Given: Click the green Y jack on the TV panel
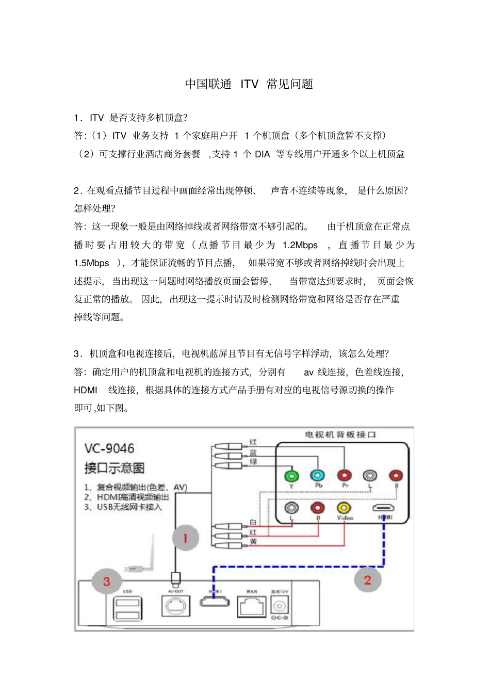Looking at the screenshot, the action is pos(291,475).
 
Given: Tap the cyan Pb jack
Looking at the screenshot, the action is pos(317,475).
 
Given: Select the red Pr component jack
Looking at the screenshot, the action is pos(344,475).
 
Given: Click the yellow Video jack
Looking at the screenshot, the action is pos(344,508).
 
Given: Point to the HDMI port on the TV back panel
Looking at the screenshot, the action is pos(384,508).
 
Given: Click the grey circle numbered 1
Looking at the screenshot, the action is pos(185,538).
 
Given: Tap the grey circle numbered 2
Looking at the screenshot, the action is pos(367,579).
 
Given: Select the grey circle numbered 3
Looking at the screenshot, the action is pos(106,582).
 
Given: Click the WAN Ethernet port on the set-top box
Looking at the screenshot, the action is pos(252,606).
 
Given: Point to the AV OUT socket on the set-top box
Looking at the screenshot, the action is pos(175,606).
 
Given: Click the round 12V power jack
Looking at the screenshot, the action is pos(280,605).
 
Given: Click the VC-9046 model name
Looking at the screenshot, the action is pos(109,448).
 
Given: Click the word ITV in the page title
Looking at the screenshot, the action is pos(249,84).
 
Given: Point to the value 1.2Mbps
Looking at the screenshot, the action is pos(300,245).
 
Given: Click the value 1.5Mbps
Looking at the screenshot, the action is pos(91,263).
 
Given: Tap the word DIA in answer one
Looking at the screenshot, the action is pos(262,154).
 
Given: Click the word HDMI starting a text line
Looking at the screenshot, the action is pos(85,390).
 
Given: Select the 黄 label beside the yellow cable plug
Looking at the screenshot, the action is pos(253,542).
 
